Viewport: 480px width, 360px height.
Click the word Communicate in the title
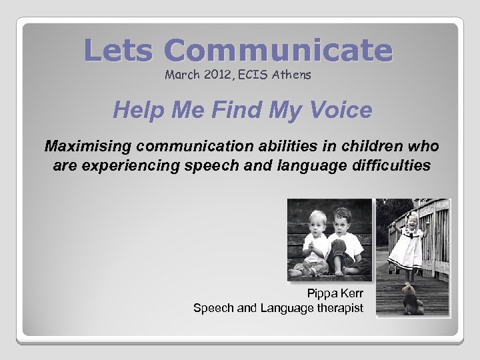[x=278, y=51]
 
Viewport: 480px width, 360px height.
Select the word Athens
[x=290, y=75]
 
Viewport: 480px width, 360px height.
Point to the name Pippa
[x=322, y=293]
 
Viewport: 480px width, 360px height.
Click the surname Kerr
[x=351, y=293]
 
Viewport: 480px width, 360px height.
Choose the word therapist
[x=339, y=307]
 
